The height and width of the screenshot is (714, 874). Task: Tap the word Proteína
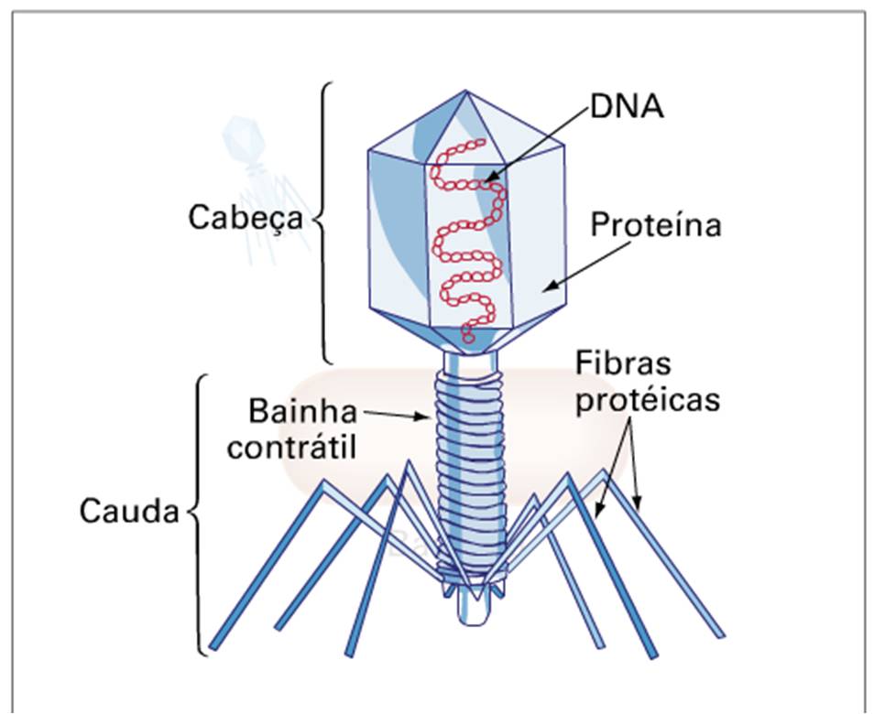coord(655,225)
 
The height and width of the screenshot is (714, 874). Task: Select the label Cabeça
coord(246,219)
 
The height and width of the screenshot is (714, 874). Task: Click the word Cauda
coord(128,511)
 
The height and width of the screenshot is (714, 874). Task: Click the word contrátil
coord(292,449)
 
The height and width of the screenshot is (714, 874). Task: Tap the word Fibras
coord(623,362)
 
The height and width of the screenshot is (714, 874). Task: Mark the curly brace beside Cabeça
coord(323,220)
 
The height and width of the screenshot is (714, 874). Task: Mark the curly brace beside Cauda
coord(197,513)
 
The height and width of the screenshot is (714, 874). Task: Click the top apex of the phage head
coord(468,91)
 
